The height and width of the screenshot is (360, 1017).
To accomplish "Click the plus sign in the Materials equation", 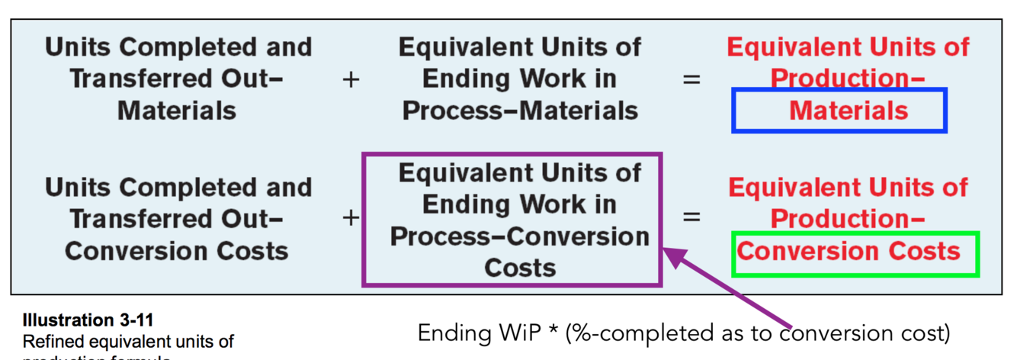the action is pyautogui.click(x=351, y=79).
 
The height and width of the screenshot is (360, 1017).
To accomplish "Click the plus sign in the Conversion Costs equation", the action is pyautogui.click(x=351, y=218).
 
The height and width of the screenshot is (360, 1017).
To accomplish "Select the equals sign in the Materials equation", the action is pyautogui.click(x=691, y=79).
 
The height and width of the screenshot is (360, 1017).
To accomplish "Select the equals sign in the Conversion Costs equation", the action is pyautogui.click(x=691, y=218).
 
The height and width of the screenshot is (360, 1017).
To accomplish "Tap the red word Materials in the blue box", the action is pyautogui.click(x=849, y=111).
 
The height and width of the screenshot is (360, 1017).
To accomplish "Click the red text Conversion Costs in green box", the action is pyautogui.click(x=849, y=252).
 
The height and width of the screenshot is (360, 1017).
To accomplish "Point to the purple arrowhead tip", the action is pyautogui.click(x=668, y=249).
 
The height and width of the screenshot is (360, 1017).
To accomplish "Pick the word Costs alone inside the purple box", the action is pyautogui.click(x=520, y=268).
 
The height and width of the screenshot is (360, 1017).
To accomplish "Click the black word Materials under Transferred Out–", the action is pyautogui.click(x=177, y=111).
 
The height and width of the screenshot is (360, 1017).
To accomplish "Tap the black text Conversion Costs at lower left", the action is pyautogui.click(x=177, y=252).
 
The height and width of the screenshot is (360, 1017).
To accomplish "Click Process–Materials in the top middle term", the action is pyautogui.click(x=520, y=111).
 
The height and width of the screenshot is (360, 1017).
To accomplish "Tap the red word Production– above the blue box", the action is pyautogui.click(x=848, y=79).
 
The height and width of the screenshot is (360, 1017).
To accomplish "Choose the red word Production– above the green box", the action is pyautogui.click(x=848, y=220).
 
